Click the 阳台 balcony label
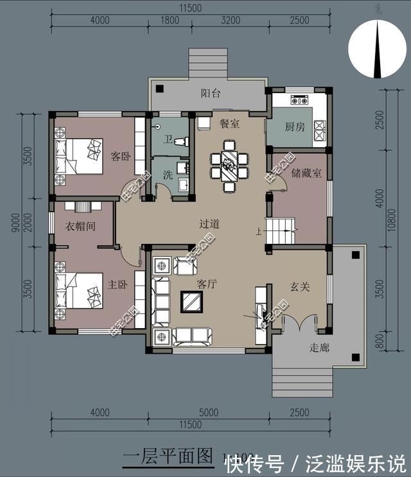(211, 94)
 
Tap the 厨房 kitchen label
(295, 126)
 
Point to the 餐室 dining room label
(229, 123)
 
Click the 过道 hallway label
(209, 224)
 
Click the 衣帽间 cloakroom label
(80, 227)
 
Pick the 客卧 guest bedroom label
(121, 156)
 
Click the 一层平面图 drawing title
(168, 456)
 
